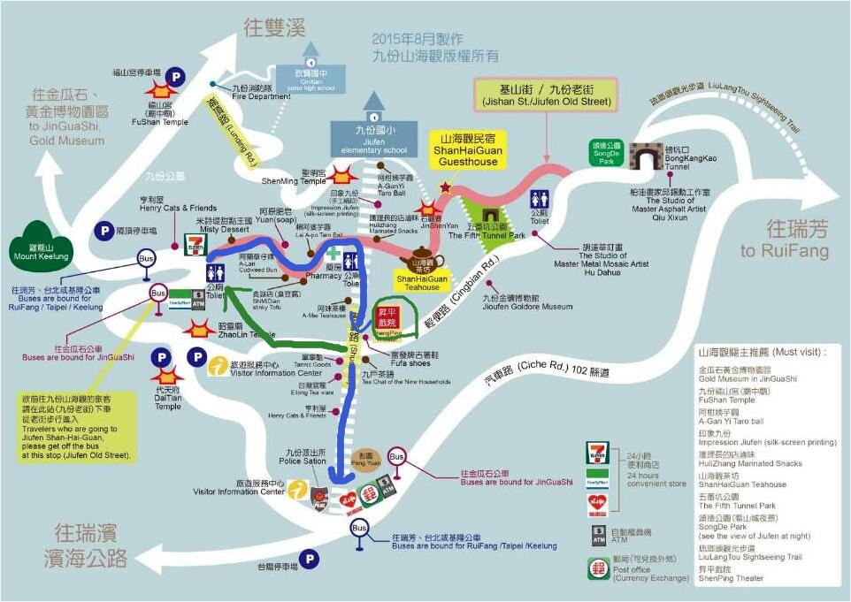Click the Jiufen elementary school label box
(x=373, y=140)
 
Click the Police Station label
(x=303, y=457)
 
